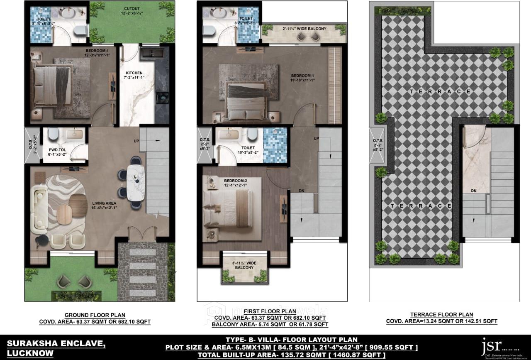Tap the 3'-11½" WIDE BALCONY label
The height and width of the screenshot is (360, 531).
[x=244, y=264]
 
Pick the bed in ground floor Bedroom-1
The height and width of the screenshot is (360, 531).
[x=52, y=85]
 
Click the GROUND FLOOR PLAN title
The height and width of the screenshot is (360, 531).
[x=95, y=315]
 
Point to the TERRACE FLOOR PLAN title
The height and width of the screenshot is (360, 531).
[x=441, y=315]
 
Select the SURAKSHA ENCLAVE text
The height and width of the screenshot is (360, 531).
[x=56, y=344]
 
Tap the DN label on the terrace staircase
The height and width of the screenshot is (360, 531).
[x=473, y=191]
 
